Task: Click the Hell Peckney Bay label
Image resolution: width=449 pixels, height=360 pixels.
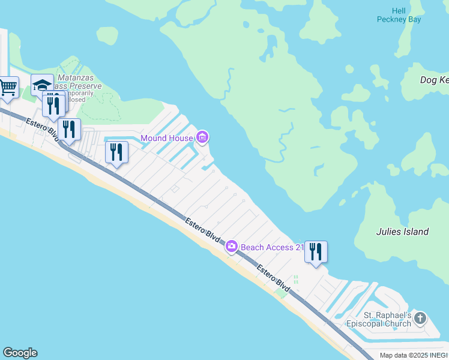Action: (399, 15)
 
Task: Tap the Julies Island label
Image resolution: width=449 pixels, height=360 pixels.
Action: (402, 232)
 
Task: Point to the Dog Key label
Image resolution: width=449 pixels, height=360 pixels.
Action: (434, 80)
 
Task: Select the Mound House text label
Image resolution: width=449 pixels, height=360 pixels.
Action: (167, 139)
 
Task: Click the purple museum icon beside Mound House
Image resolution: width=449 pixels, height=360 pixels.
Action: (202, 139)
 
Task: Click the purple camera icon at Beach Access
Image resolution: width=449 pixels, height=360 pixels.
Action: (231, 247)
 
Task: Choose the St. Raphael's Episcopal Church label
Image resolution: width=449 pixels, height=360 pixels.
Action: (379, 319)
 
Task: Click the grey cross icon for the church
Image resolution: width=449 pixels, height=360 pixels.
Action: (420, 319)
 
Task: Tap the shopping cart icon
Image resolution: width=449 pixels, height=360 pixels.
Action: (8, 88)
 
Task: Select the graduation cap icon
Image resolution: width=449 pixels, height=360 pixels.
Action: (42, 86)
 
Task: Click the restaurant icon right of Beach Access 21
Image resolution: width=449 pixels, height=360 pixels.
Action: (316, 251)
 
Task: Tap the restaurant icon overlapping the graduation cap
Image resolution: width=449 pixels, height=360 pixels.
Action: (53, 104)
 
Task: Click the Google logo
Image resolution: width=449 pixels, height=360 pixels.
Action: (20, 353)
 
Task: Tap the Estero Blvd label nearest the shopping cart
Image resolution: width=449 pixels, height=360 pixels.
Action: (41, 128)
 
